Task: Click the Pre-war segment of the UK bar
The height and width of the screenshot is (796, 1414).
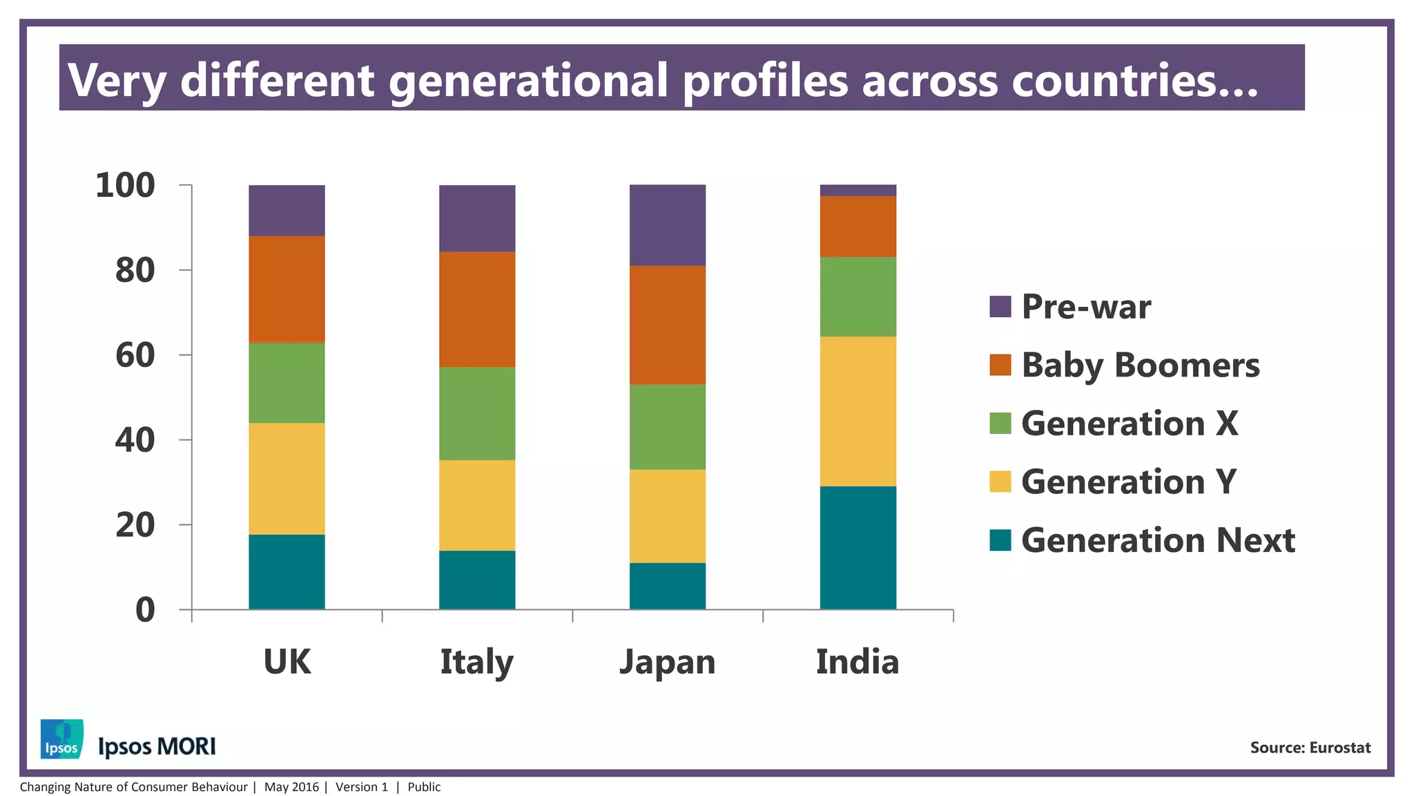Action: tap(287, 210)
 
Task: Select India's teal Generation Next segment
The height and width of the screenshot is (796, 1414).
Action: tap(858, 547)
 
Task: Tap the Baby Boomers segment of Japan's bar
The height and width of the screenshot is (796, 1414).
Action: tap(667, 325)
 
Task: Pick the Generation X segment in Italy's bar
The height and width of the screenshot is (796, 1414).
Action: tap(477, 413)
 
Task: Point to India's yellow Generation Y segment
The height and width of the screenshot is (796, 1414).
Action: tap(858, 411)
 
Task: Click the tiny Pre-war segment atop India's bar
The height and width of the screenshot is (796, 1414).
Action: tap(858, 190)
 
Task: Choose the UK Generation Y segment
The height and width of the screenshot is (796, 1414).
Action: tap(287, 478)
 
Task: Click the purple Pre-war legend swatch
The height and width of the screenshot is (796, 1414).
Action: tap(1000, 306)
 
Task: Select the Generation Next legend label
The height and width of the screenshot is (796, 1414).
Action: tap(1157, 540)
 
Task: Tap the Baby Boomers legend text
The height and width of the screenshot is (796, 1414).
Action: tap(1140, 365)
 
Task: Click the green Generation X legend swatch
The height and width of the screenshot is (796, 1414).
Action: tap(1000, 423)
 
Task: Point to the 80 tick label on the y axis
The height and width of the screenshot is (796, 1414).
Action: tap(135, 270)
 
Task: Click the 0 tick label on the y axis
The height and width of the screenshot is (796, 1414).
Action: tap(145, 610)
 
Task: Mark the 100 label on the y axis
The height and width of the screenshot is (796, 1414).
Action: tap(125, 185)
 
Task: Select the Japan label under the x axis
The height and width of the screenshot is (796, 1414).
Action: tap(667, 662)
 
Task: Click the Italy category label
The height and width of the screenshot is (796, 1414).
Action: tap(476, 662)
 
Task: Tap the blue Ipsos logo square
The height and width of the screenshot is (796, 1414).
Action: tap(62, 739)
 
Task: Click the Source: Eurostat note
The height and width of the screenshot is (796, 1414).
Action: tap(1310, 748)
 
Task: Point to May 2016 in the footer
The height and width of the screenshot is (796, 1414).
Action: tap(291, 787)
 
